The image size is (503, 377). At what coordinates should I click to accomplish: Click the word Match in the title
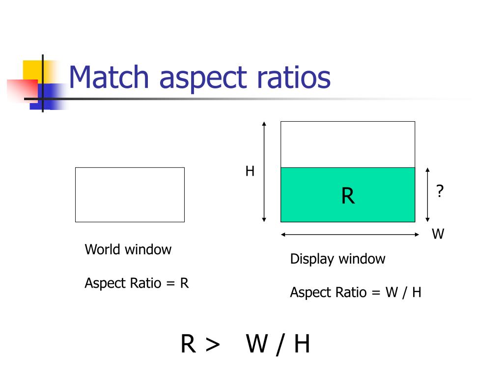click(109, 78)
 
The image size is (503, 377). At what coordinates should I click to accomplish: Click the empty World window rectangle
click(130, 194)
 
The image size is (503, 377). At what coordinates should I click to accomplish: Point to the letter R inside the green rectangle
click(348, 196)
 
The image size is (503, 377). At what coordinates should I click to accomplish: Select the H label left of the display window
click(250, 171)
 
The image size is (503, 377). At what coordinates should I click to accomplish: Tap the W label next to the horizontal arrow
click(438, 234)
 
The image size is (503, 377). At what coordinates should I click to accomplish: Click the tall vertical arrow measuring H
click(264, 171)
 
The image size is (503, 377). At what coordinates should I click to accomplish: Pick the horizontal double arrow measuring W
click(348, 235)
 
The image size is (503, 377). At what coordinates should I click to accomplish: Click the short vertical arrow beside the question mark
click(428, 195)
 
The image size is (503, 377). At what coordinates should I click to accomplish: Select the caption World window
click(128, 249)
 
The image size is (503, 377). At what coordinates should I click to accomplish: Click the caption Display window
click(337, 259)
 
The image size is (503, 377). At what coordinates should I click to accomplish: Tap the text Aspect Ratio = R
click(137, 283)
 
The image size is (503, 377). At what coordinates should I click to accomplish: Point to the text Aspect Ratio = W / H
click(356, 293)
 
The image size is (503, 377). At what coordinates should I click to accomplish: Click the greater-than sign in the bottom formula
click(212, 345)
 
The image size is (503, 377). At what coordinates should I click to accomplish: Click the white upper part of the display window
click(348, 144)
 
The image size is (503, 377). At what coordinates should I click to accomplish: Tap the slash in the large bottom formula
click(280, 345)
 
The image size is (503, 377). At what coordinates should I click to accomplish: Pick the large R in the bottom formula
click(189, 344)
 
